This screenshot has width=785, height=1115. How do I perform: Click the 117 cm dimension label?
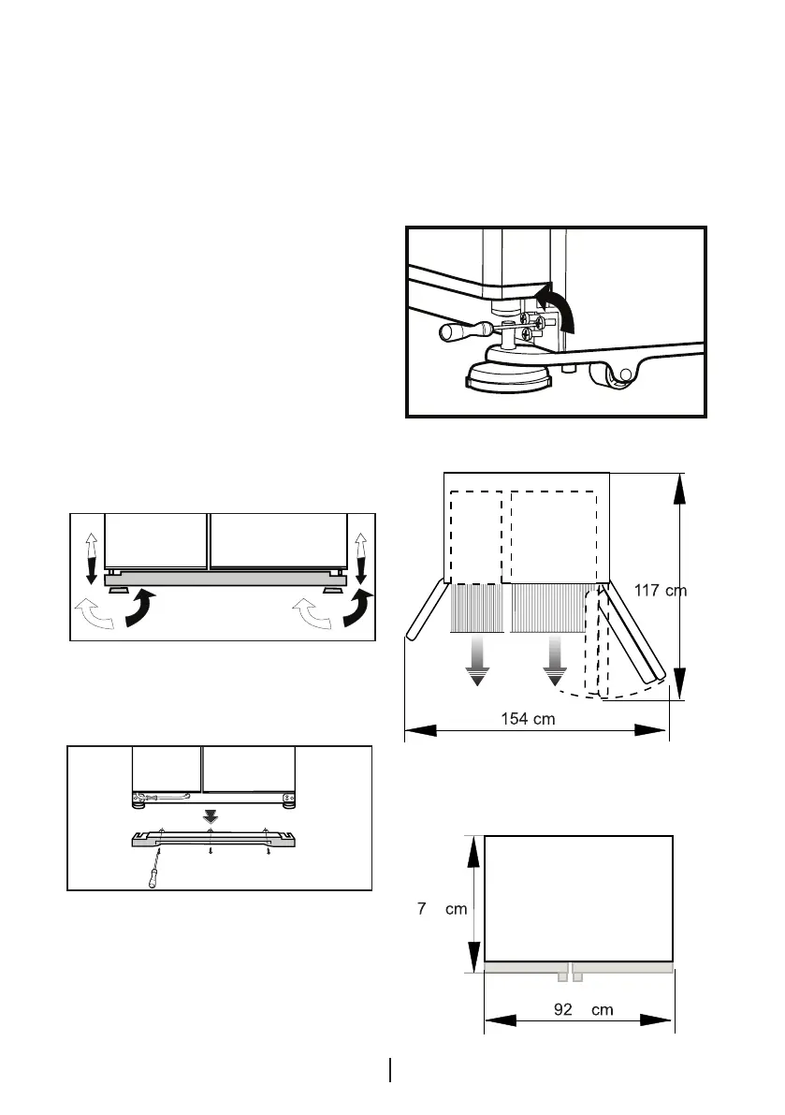[661, 591]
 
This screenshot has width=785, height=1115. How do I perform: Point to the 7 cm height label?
[442, 909]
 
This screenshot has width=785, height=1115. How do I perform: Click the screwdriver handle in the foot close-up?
[458, 330]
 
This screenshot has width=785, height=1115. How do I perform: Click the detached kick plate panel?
[211, 838]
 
